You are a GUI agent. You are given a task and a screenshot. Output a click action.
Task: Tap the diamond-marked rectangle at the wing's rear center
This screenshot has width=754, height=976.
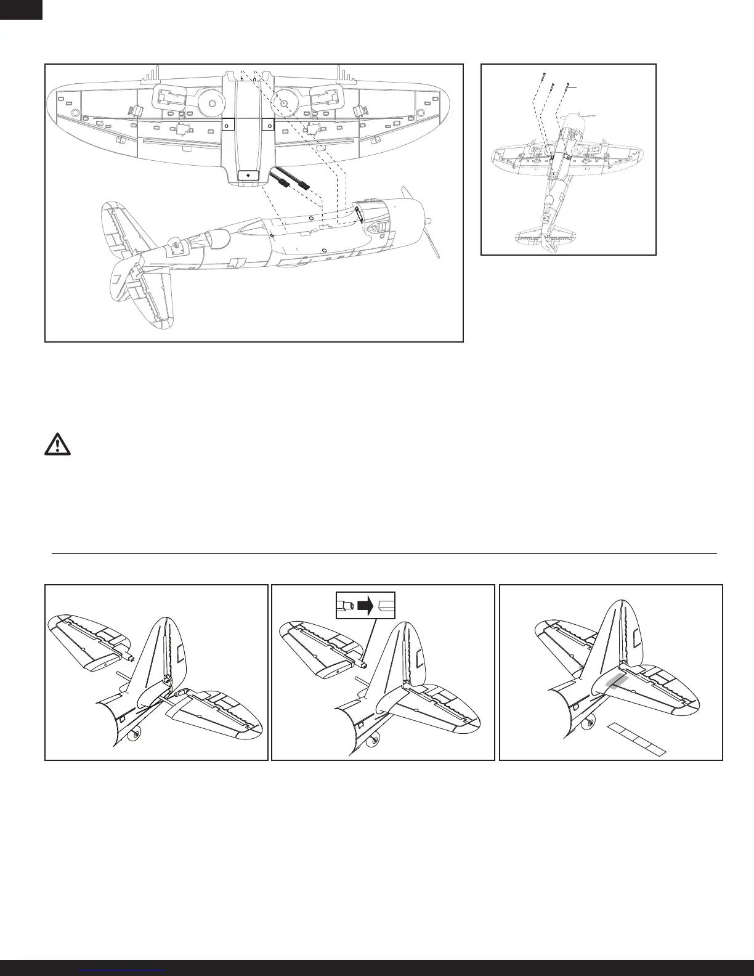(x=248, y=176)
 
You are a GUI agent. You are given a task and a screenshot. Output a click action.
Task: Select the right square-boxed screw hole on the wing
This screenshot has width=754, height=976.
(x=268, y=124)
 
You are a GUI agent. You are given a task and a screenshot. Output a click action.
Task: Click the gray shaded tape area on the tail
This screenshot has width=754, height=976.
(x=616, y=680)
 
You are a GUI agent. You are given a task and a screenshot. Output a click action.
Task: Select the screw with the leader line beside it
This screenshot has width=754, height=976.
(x=568, y=87)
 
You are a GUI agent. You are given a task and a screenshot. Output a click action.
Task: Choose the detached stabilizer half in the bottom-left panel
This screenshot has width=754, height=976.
(x=92, y=641)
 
